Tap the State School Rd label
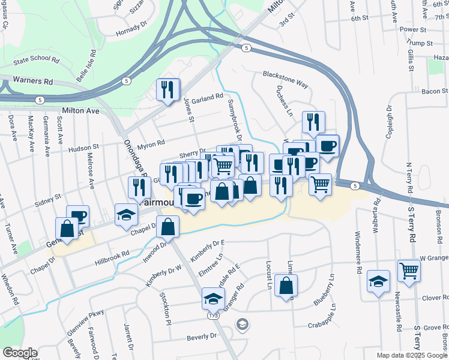pyautogui.click(x=37, y=61)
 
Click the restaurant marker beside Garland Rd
pyautogui.click(x=168, y=89)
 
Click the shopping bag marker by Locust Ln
pyautogui.click(x=286, y=286)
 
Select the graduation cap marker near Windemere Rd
pyautogui.click(x=378, y=281)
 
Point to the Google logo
pyautogui.click(x=19, y=353)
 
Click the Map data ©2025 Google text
pyautogui.click(x=411, y=355)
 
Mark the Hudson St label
pyautogui.click(x=83, y=147)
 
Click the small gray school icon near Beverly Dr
pyautogui.click(x=242, y=325)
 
